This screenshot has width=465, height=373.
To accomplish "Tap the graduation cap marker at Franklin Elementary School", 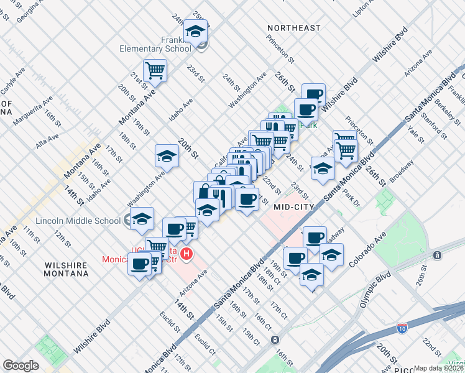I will [x=196, y=30].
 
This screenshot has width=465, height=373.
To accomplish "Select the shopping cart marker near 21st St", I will [x=155, y=70].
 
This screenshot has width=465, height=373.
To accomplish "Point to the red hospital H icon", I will [x=185, y=254].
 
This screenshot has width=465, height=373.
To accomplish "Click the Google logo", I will [x=21, y=366].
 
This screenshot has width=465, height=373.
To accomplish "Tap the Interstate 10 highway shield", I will [x=402, y=326].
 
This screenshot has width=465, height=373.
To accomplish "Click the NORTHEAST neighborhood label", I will [x=294, y=28].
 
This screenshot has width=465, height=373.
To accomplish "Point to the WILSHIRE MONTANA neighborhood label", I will [x=66, y=269].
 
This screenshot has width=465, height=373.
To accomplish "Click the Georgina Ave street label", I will [x=24, y=9].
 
